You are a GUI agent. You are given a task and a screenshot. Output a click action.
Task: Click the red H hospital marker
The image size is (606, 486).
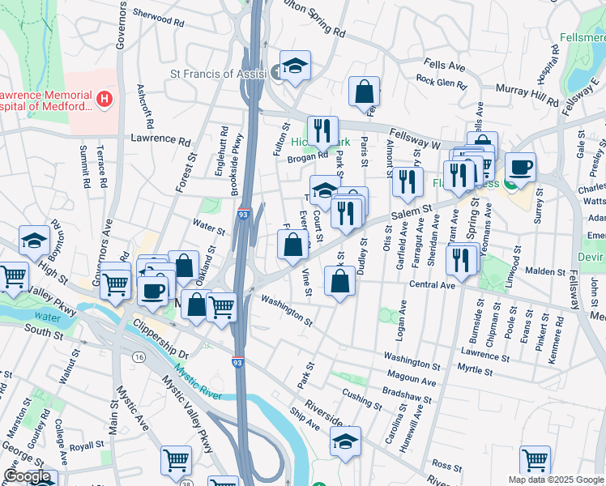(104, 99)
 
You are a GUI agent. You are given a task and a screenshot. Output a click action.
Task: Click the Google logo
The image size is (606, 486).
(27, 477)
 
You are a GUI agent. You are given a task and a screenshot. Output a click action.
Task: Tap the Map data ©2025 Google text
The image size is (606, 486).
(556, 480)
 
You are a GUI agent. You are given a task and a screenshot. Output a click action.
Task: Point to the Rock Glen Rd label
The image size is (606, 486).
(442, 81)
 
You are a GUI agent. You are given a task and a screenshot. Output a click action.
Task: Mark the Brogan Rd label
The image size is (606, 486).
(307, 157)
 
